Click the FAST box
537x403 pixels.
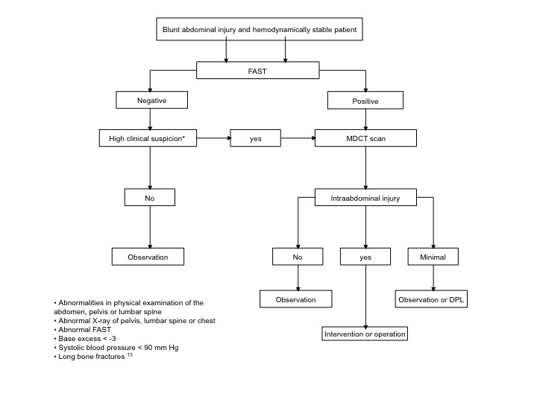(x=257, y=70)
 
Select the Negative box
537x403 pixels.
(x=151, y=100)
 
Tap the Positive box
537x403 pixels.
(x=365, y=101)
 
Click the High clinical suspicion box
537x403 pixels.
(x=148, y=138)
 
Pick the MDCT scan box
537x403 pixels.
(x=365, y=138)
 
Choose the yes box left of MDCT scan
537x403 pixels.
(x=255, y=138)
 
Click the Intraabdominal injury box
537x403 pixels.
(x=365, y=197)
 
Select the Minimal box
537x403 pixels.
(x=433, y=257)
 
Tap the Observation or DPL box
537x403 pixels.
(x=431, y=299)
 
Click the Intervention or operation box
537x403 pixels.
(x=365, y=334)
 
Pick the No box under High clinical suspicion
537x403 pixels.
(x=150, y=197)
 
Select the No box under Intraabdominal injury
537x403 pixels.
(x=298, y=257)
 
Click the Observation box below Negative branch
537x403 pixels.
(x=148, y=257)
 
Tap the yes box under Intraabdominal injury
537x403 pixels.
(x=365, y=257)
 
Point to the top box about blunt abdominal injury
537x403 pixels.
(x=260, y=29)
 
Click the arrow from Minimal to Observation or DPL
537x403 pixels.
(x=433, y=278)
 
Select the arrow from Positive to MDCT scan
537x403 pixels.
(x=365, y=119)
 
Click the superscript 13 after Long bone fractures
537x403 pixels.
(x=130, y=354)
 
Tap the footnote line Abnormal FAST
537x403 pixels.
(x=83, y=330)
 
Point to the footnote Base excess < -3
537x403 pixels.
(x=85, y=339)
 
